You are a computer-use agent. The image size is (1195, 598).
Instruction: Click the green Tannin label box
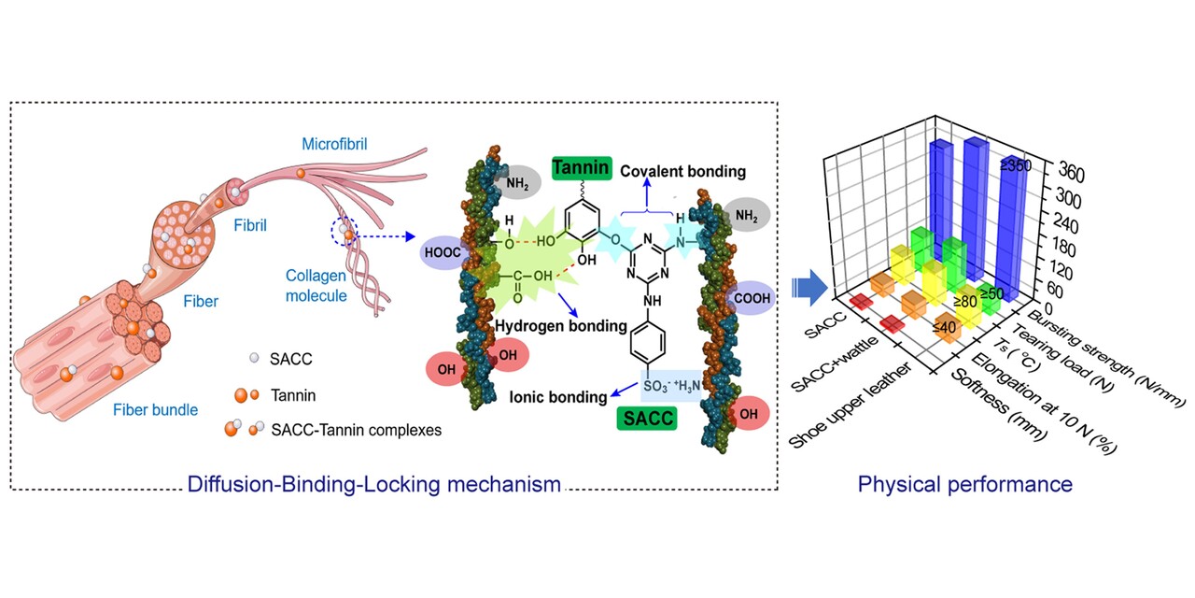coord(581,168)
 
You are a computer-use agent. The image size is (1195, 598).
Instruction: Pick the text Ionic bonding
coord(558,397)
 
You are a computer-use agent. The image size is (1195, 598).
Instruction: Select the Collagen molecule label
coord(318,286)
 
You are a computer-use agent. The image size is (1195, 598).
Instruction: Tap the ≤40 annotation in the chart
coord(945,327)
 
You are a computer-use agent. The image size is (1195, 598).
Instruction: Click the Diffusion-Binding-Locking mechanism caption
coord(374,484)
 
